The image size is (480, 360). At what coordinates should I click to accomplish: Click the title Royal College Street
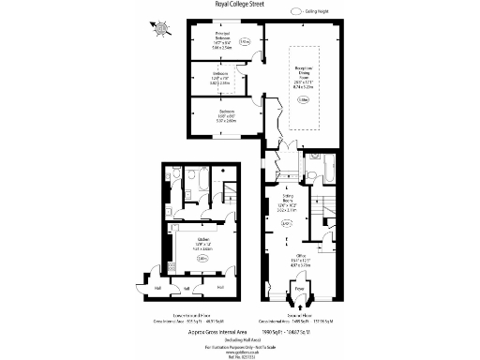[x=239, y=5]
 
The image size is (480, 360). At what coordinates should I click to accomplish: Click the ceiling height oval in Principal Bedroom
[x=245, y=42]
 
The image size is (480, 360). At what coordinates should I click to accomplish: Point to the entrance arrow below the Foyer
[x=299, y=300]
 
